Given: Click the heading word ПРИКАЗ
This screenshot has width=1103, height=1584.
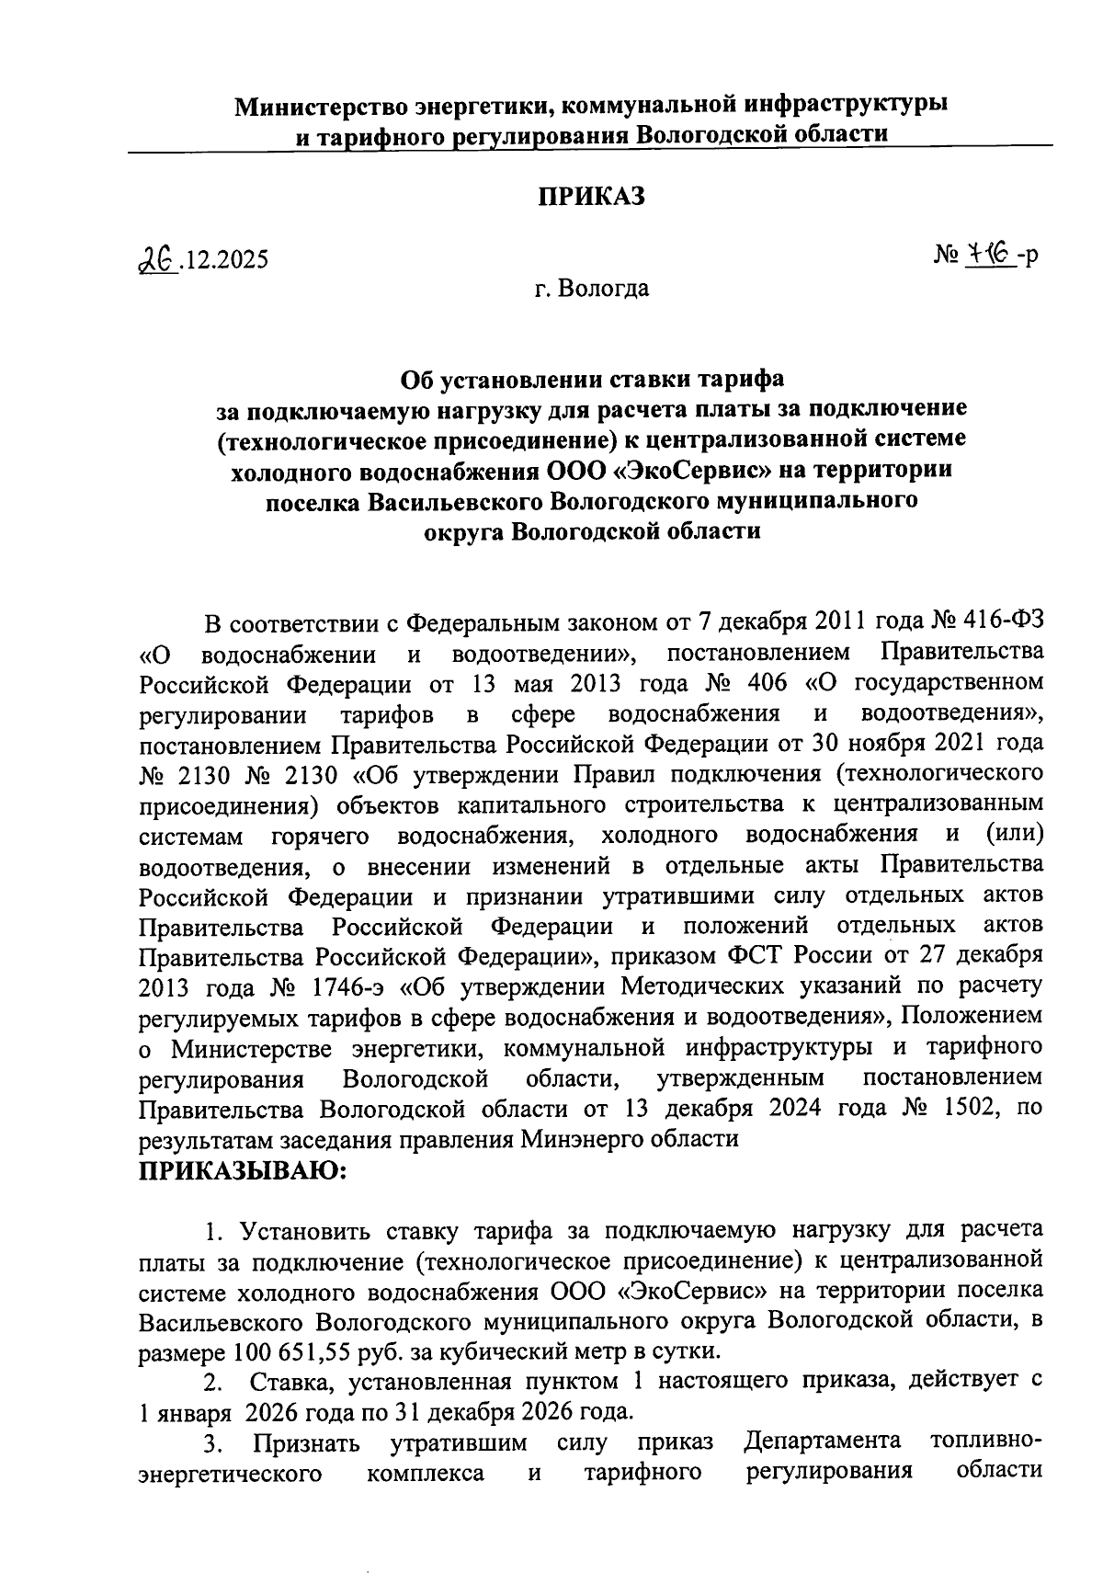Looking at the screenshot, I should tap(591, 196).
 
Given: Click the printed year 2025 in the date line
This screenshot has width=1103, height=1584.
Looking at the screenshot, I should tap(241, 260).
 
